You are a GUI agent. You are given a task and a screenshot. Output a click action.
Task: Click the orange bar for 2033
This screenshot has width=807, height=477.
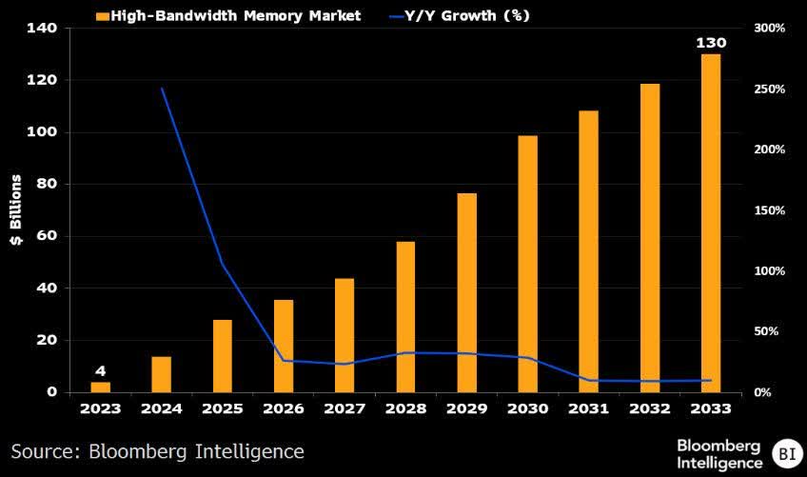pos(711,223)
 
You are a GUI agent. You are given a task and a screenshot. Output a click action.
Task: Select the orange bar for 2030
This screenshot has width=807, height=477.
pos(527,264)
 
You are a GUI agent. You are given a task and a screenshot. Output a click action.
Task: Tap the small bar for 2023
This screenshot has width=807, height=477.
pos(100,387)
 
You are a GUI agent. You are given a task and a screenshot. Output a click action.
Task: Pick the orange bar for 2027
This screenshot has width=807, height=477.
pos(344,335)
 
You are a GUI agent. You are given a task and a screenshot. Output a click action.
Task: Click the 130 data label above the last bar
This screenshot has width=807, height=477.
pos(711,44)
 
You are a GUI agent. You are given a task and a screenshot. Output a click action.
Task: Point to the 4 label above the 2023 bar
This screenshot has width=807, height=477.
pos(100,371)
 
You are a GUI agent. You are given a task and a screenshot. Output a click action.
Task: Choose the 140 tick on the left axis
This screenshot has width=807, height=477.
pos(42,29)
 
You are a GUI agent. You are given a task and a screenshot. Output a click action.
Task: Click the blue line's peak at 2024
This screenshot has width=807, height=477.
pos(162,89)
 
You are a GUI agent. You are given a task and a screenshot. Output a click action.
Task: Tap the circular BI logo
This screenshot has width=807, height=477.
pos(785,452)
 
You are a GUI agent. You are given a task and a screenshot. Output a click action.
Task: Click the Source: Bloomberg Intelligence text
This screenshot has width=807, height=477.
pos(158,450)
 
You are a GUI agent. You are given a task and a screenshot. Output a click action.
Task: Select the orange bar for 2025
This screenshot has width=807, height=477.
pos(222,355)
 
